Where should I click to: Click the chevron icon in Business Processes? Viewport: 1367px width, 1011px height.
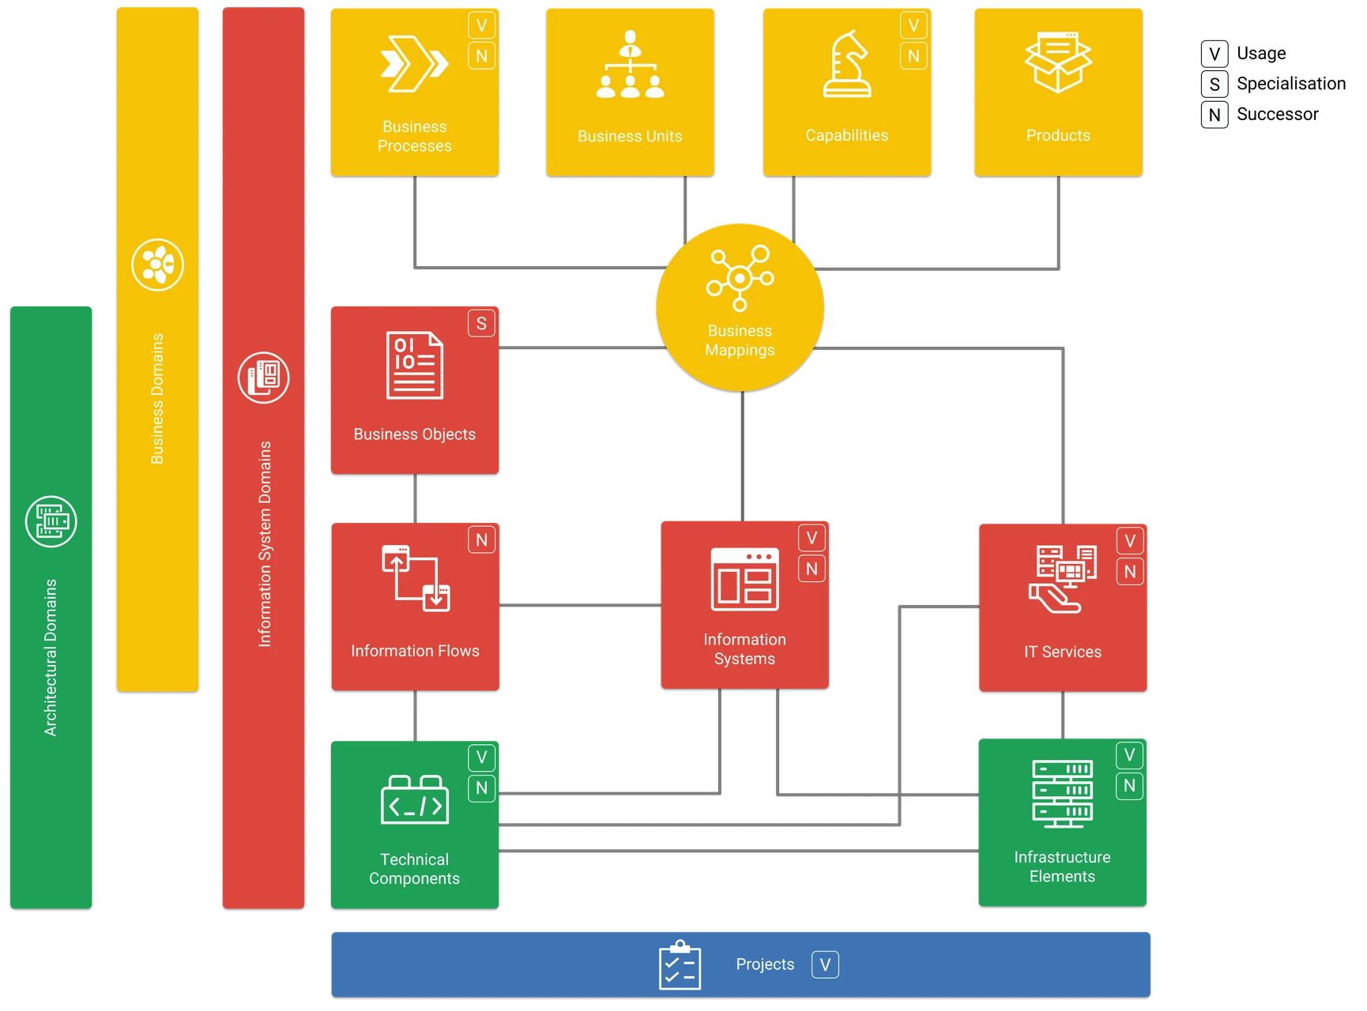(414, 64)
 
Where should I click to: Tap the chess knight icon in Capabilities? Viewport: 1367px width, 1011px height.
(846, 64)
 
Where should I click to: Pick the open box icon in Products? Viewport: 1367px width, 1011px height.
(1058, 62)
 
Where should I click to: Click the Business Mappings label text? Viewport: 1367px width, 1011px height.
(740, 340)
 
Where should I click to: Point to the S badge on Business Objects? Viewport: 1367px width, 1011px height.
(481, 323)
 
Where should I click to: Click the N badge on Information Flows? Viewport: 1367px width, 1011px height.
(481, 539)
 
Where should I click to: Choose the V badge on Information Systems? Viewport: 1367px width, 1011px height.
(812, 538)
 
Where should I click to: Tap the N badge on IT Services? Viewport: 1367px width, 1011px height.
(1130, 571)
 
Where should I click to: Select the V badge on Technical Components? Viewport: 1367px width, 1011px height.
(481, 757)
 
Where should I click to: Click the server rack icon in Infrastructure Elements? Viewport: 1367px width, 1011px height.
(1062, 793)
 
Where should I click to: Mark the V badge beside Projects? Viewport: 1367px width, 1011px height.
(825, 964)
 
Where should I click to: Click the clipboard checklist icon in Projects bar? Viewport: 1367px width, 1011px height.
(680, 964)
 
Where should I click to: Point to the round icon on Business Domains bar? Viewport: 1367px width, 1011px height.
(157, 265)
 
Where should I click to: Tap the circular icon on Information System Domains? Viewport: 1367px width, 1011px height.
(263, 377)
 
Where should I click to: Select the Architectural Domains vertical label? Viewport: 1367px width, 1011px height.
(51, 657)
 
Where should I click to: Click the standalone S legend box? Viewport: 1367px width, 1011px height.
(1214, 85)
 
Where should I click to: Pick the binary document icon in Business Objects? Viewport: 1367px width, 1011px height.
(414, 365)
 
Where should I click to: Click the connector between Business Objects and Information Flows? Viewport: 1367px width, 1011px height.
(416, 498)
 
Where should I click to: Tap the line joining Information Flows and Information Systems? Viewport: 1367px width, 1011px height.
(579, 607)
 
